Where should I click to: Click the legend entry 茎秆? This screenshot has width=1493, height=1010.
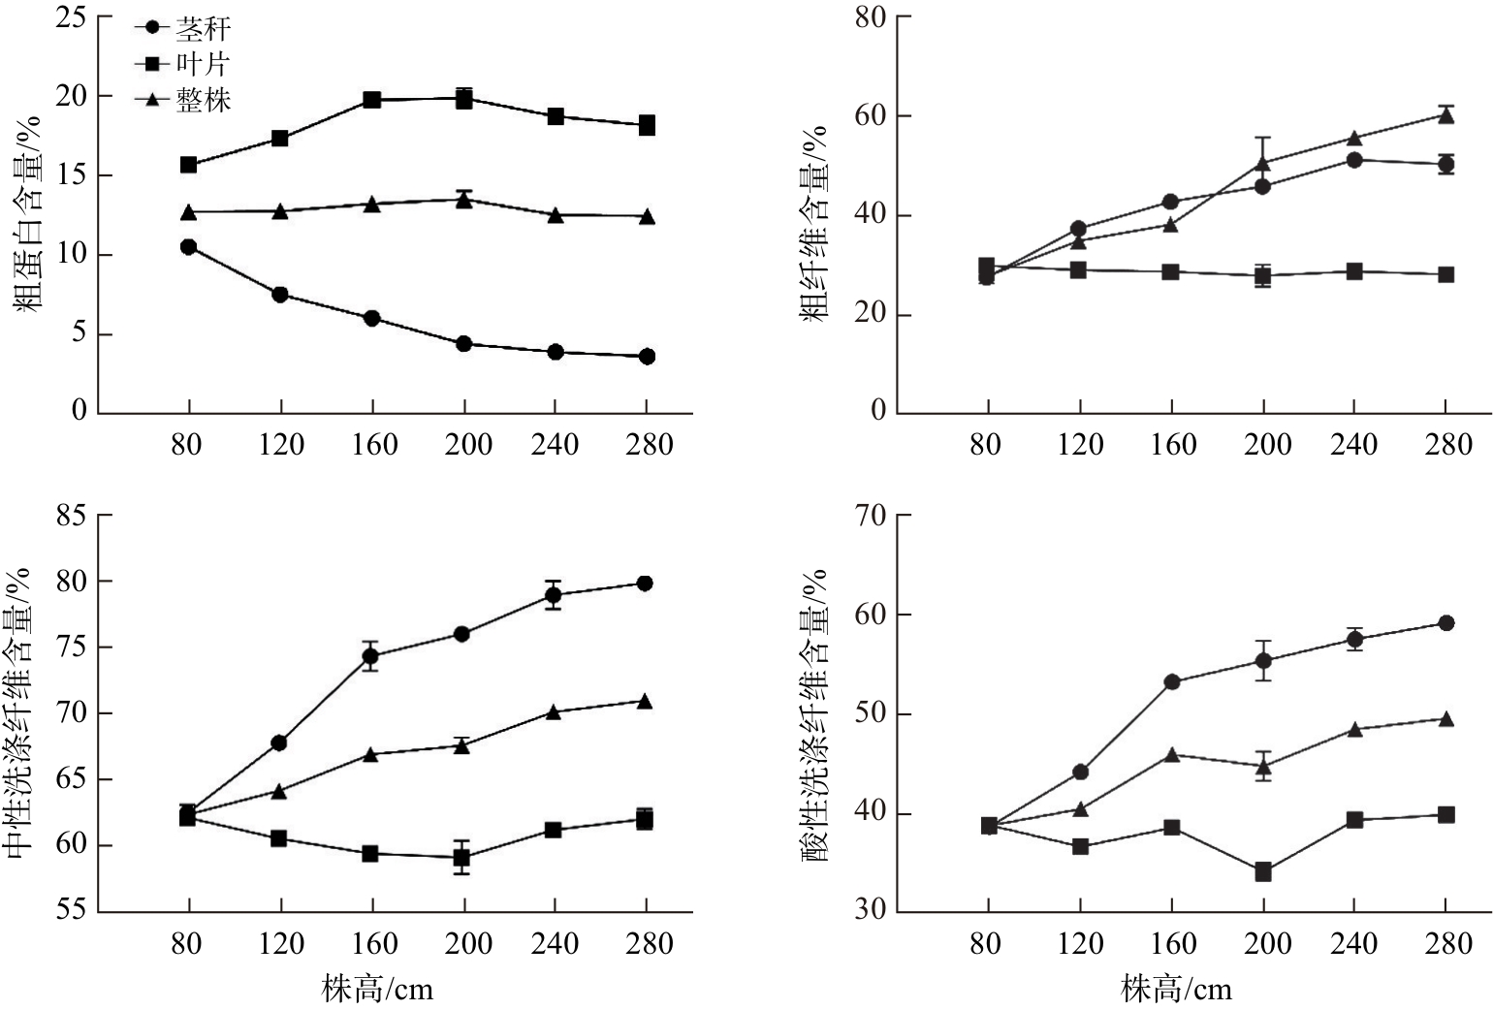click(202, 29)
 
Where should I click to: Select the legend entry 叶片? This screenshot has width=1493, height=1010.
click(202, 64)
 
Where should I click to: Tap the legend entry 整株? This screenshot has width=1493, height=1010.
click(202, 99)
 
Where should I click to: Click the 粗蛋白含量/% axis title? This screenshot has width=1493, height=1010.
click(29, 213)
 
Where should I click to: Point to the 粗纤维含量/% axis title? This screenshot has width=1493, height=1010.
click(815, 223)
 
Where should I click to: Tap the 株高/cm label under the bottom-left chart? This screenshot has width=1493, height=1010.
click(378, 990)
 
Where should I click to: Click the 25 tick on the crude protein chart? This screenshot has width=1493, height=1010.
click(71, 18)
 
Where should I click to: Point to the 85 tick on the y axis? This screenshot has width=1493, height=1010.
click(71, 516)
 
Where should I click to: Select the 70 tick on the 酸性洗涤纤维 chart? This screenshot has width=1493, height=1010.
click(871, 516)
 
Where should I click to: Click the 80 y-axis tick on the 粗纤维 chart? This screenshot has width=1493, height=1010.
click(871, 18)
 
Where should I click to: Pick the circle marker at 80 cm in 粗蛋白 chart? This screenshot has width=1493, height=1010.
click(188, 247)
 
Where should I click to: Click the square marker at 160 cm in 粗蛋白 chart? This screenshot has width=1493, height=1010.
click(371, 100)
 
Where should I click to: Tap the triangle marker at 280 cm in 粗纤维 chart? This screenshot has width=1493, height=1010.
click(1445, 115)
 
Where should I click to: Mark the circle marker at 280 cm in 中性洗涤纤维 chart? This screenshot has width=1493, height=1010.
click(645, 584)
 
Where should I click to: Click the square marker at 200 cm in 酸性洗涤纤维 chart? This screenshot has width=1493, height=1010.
click(1263, 872)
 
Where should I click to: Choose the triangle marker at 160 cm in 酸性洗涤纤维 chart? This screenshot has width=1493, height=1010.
click(1171, 754)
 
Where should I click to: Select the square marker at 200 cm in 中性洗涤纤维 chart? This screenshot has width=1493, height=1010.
click(462, 858)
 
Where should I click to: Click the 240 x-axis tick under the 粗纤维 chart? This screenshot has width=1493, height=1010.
click(1353, 445)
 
